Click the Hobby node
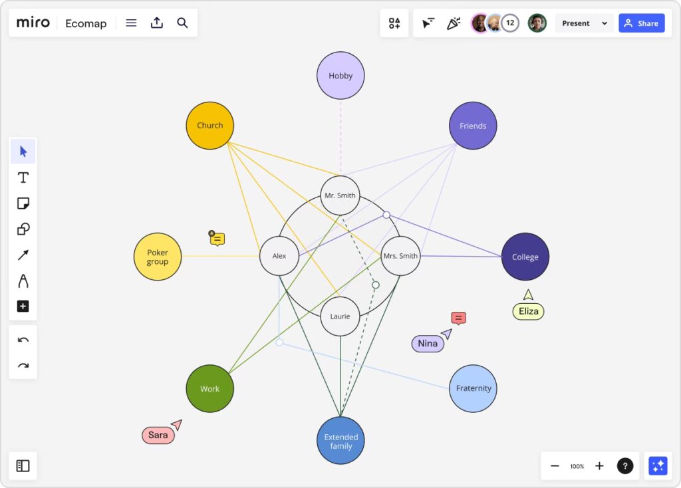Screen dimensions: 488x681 (340, 76)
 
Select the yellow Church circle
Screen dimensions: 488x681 (209, 126)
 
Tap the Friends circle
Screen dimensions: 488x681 (473, 126)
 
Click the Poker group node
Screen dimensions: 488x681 (158, 257)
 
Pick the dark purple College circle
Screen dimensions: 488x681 (525, 257)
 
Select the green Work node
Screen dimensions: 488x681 (209, 388)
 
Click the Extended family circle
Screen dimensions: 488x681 (340, 441)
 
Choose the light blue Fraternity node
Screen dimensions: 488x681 (474, 388)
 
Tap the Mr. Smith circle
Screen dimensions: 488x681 (340, 196)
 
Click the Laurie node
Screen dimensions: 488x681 (340, 316)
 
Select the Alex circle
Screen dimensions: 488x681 (279, 256)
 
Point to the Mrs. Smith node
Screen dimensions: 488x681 (400, 256)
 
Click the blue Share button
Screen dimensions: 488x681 (641, 23)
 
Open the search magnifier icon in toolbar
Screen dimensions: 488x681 (182, 23)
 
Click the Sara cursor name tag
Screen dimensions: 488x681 (158, 435)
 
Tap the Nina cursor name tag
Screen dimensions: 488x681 (428, 344)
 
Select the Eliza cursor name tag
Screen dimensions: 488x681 (528, 311)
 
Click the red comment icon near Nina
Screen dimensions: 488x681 (458, 318)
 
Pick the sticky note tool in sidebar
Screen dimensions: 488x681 (23, 203)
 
